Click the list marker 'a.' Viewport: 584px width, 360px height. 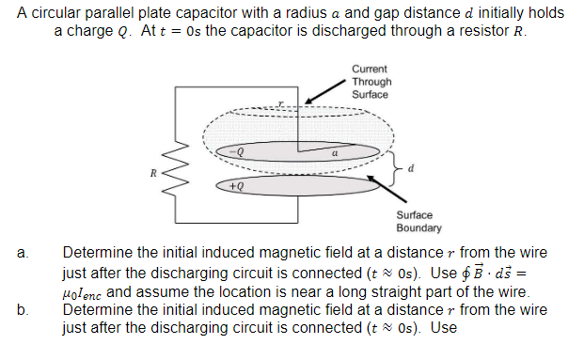click(22, 254)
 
